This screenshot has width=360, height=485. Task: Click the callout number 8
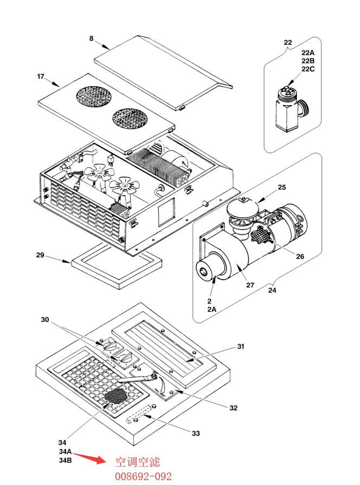(91, 38)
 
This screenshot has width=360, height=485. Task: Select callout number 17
(41, 76)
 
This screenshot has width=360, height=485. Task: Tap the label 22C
(308, 69)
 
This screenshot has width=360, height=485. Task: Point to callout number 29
(40, 255)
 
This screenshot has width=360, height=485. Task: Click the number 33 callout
(196, 434)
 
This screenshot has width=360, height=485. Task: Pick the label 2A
(212, 309)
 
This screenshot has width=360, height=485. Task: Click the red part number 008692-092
(143, 476)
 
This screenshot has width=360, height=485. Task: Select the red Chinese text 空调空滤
(138, 462)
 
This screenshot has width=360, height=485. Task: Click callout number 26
(300, 256)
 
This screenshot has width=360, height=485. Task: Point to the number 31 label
(241, 346)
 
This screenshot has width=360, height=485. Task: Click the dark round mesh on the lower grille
(115, 396)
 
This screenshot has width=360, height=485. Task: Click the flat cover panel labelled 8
(163, 73)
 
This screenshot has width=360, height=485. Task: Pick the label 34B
(65, 460)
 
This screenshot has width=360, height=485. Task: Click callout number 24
(272, 290)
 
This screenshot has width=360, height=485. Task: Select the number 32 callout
(233, 408)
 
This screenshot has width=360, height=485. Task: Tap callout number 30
(45, 320)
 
